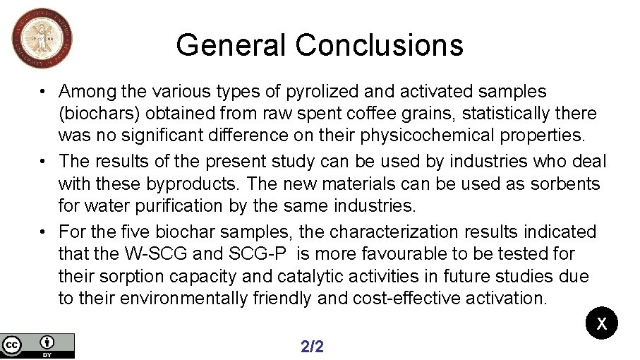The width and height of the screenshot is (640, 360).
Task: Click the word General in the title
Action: point(232,45)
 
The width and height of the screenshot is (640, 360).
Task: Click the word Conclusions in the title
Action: point(380,45)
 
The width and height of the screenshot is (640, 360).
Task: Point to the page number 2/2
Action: point(312,346)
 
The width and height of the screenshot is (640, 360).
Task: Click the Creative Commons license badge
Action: point(37,345)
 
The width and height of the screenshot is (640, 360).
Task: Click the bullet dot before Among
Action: point(43,92)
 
